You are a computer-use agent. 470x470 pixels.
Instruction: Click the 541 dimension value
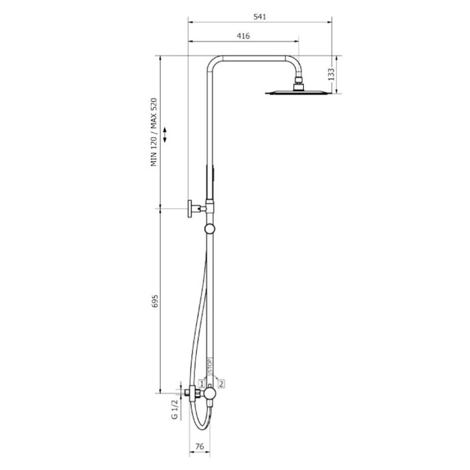(260, 17)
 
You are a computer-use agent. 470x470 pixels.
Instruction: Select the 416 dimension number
(243, 36)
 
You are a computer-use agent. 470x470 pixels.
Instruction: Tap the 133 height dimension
(331, 75)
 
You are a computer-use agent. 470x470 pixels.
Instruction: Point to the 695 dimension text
(155, 301)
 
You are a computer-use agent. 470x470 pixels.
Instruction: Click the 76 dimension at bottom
(199, 446)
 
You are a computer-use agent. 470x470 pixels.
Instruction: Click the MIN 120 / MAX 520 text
(154, 132)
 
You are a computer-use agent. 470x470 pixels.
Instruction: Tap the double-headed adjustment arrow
(164, 135)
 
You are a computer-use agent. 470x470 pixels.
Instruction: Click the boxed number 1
(202, 384)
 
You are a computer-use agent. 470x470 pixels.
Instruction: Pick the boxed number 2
(221, 384)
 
